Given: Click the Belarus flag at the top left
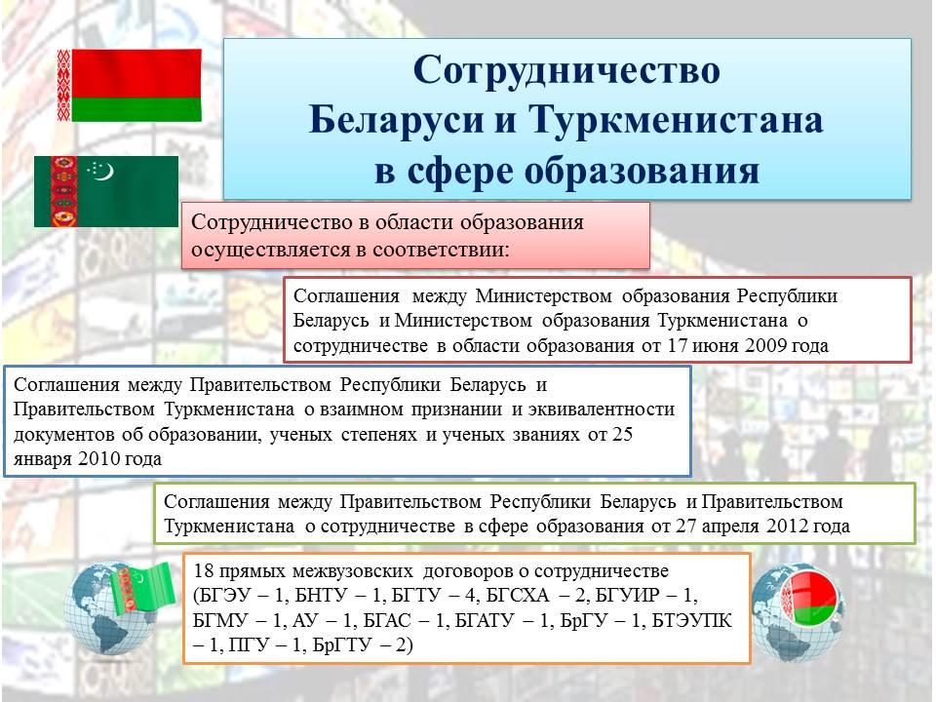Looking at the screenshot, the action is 129,85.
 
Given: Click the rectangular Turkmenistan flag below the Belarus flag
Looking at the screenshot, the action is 106,191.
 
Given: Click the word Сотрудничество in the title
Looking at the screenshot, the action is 566,70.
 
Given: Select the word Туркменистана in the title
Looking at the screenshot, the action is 677,119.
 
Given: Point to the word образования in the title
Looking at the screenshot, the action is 643,171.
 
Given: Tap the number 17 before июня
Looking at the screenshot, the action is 679,345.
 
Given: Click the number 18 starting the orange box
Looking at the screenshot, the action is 204,570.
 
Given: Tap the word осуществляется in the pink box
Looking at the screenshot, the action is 269,250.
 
